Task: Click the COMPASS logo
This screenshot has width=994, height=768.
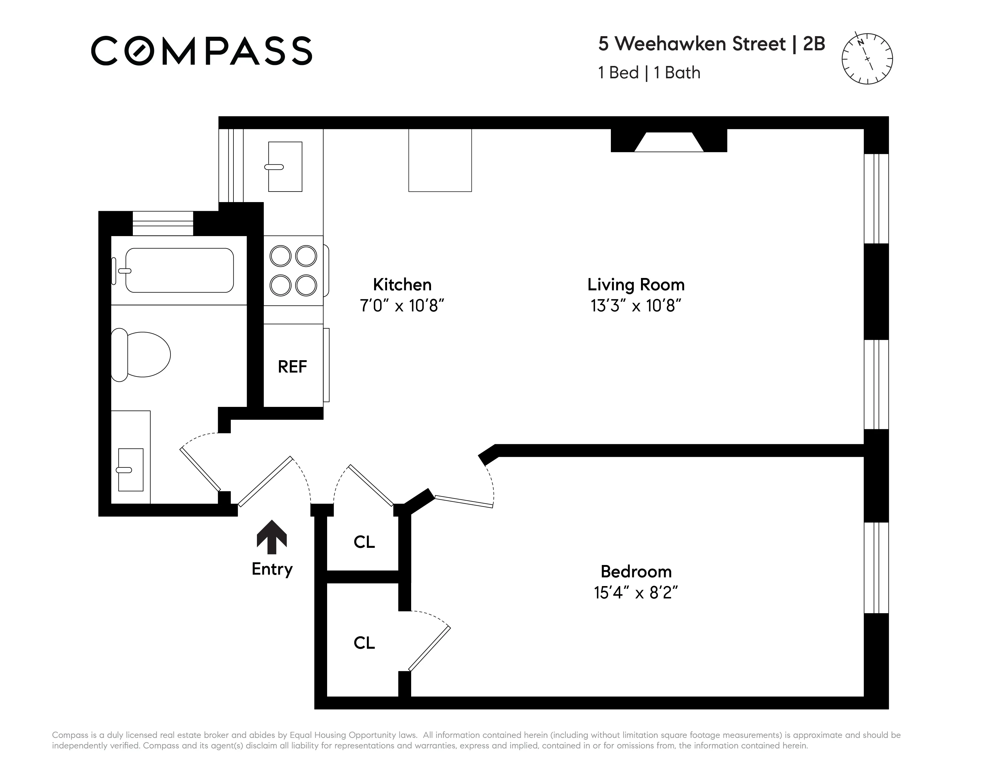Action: [x=201, y=51]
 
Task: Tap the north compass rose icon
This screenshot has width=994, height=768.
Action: [x=867, y=59]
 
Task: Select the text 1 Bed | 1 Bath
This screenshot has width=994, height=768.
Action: [x=649, y=73]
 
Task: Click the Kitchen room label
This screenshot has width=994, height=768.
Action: [x=402, y=285]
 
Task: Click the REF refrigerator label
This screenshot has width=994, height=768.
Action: [x=292, y=367]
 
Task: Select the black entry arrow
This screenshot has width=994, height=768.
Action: [x=272, y=537]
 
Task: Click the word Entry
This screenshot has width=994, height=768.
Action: [x=272, y=569]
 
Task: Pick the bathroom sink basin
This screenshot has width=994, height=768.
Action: [x=131, y=470]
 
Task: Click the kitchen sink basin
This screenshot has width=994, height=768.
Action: [x=285, y=167]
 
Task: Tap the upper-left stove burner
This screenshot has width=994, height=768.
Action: [x=280, y=256]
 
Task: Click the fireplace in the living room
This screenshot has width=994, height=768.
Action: [x=669, y=141]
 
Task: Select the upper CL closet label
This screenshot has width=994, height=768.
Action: [x=364, y=542]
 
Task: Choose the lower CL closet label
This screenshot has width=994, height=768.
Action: [x=364, y=643]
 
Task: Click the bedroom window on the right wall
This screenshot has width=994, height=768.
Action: [x=876, y=567]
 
